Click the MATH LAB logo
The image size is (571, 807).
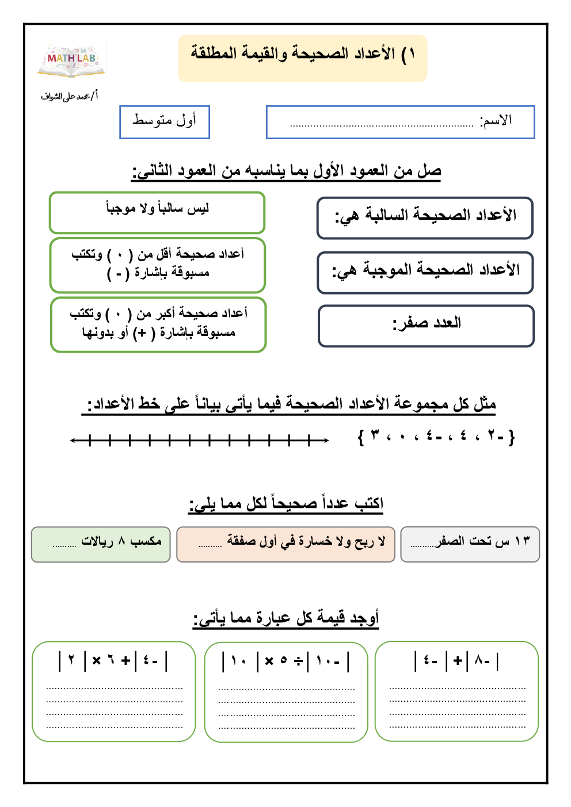[71, 59]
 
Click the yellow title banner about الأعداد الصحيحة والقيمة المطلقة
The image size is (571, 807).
[303, 57]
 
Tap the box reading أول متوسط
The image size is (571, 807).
[165, 122]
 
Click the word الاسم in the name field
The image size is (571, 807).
[497, 121]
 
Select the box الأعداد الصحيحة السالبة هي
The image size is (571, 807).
[425, 217]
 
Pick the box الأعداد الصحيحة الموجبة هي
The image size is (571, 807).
[425, 272]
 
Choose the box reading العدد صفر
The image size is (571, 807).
[426, 326]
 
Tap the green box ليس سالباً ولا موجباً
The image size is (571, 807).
[157, 212]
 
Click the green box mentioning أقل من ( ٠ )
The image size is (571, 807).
[158, 265]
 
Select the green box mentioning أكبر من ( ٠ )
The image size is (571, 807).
[158, 324]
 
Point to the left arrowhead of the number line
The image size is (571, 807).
[73, 441]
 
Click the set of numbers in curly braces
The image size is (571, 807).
[436, 437]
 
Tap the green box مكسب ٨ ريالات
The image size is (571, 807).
[101, 544]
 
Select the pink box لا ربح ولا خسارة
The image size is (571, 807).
[285, 544]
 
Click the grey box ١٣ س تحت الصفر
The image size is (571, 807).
[470, 544]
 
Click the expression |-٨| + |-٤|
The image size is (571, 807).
[456, 661]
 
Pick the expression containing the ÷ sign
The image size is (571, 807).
[286, 661]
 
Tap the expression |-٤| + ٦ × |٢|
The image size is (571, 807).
[113, 661]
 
